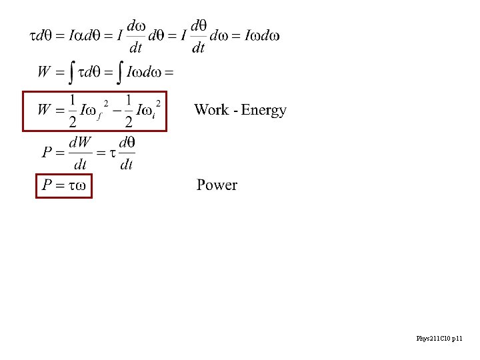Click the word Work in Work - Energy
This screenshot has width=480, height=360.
pyautogui.click(x=211, y=110)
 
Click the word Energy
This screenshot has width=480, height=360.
pyautogui.click(x=264, y=111)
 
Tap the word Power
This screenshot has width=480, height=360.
pyautogui.click(x=217, y=185)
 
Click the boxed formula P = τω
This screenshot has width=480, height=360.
pyautogui.click(x=63, y=185)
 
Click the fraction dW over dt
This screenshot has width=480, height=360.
pyautogui.click(x=79, y=153)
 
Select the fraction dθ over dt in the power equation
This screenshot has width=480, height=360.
pyautogui.click(x=127, y=153)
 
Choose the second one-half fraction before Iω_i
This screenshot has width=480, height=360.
pyautogui.click(x=129, y=111)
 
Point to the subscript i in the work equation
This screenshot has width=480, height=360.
pyautogui.click(x=154, y=116)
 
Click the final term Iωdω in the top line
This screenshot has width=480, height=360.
pyautogui.click(x=262, y=35)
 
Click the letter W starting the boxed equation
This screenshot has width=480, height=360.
pyautogui.click(x=45, y=109)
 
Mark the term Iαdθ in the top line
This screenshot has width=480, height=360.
pyautogui.click(x=86, y=36)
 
